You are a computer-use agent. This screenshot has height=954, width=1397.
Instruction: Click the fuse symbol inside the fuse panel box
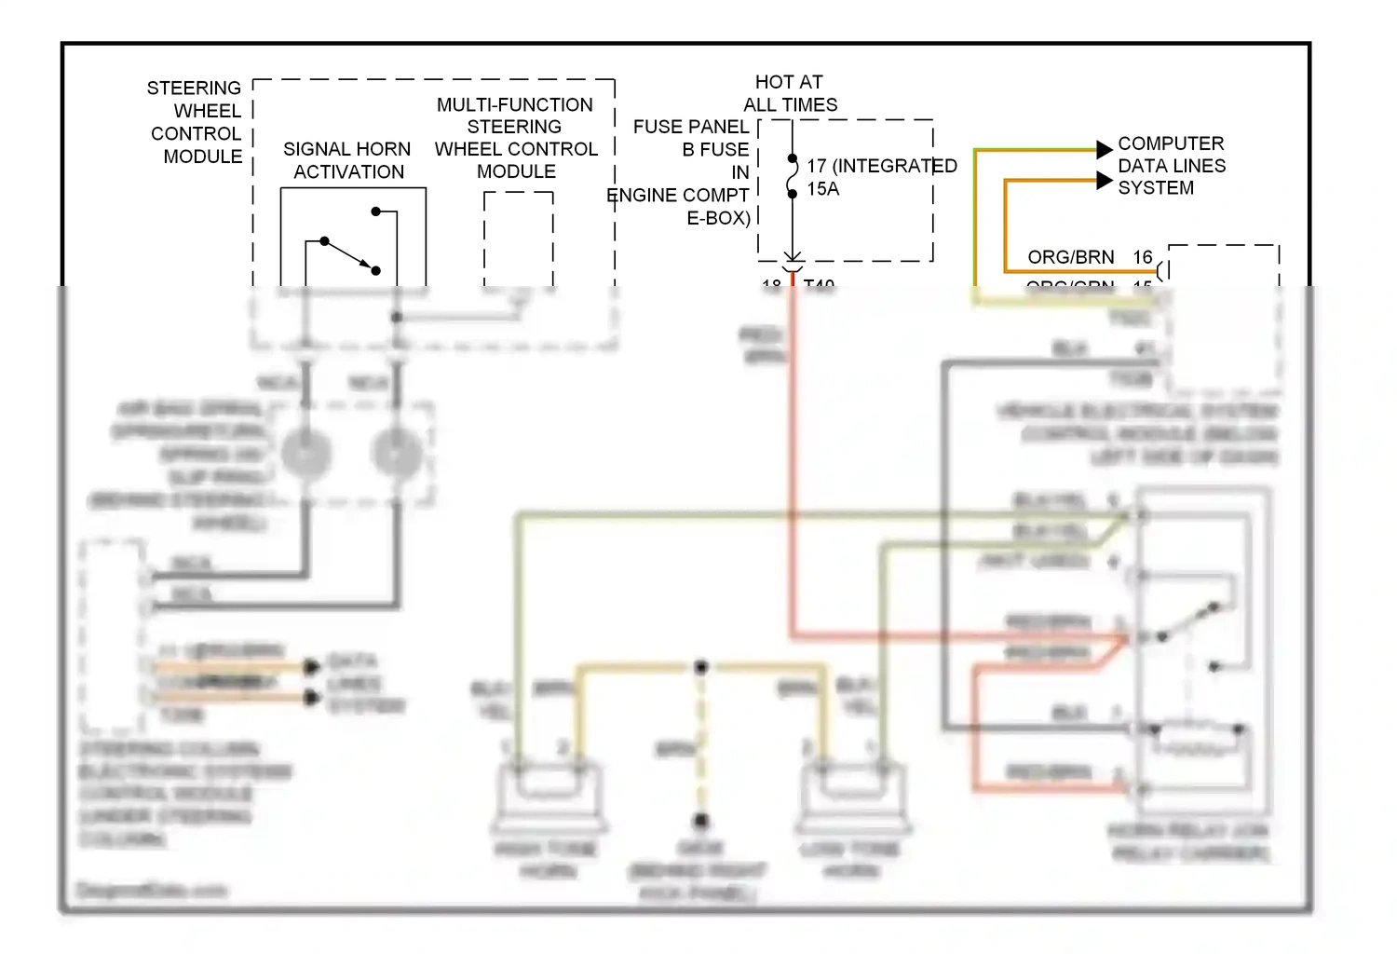point(793,176)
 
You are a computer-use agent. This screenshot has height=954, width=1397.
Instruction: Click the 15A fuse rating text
point(823,189)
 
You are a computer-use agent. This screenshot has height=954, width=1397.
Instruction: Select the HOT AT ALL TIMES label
point(790,93)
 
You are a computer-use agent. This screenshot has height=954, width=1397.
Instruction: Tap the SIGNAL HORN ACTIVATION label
point(347,160)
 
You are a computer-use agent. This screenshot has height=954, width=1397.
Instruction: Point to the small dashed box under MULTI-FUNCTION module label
point(519,238)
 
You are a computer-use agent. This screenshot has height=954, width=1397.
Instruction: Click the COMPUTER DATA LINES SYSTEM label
point(1171,166)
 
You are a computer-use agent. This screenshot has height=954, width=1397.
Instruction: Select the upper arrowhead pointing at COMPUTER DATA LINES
point(1104,149)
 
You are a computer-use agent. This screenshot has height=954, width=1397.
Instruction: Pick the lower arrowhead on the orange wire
point(1104,181)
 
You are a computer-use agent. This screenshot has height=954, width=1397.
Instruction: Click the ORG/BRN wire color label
point(1070,257)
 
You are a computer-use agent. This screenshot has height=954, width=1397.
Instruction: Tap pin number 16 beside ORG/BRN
point(1143,257)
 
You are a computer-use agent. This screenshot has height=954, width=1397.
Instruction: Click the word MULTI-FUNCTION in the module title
point(514,105)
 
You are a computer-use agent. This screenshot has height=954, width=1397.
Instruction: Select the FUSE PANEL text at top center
point(690,127)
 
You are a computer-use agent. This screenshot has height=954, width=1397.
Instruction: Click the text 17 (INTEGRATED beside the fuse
point(881,166)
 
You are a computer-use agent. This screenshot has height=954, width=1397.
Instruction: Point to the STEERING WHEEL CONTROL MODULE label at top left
point(195,122)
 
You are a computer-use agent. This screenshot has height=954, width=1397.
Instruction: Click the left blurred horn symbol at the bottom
point(549,797)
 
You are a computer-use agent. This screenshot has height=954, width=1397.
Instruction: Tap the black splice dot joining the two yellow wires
point(701,667)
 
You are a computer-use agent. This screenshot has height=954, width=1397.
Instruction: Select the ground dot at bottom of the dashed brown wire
point(701,821)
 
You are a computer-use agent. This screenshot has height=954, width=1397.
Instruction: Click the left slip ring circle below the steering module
point(306,454)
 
